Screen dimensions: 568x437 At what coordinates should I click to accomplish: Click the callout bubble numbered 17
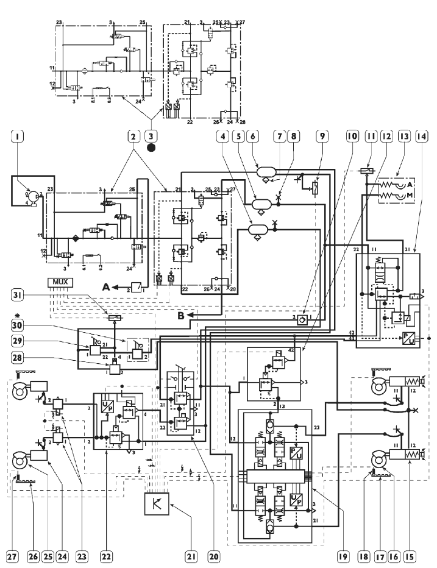pyautogui.click(x=388, y=556)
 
